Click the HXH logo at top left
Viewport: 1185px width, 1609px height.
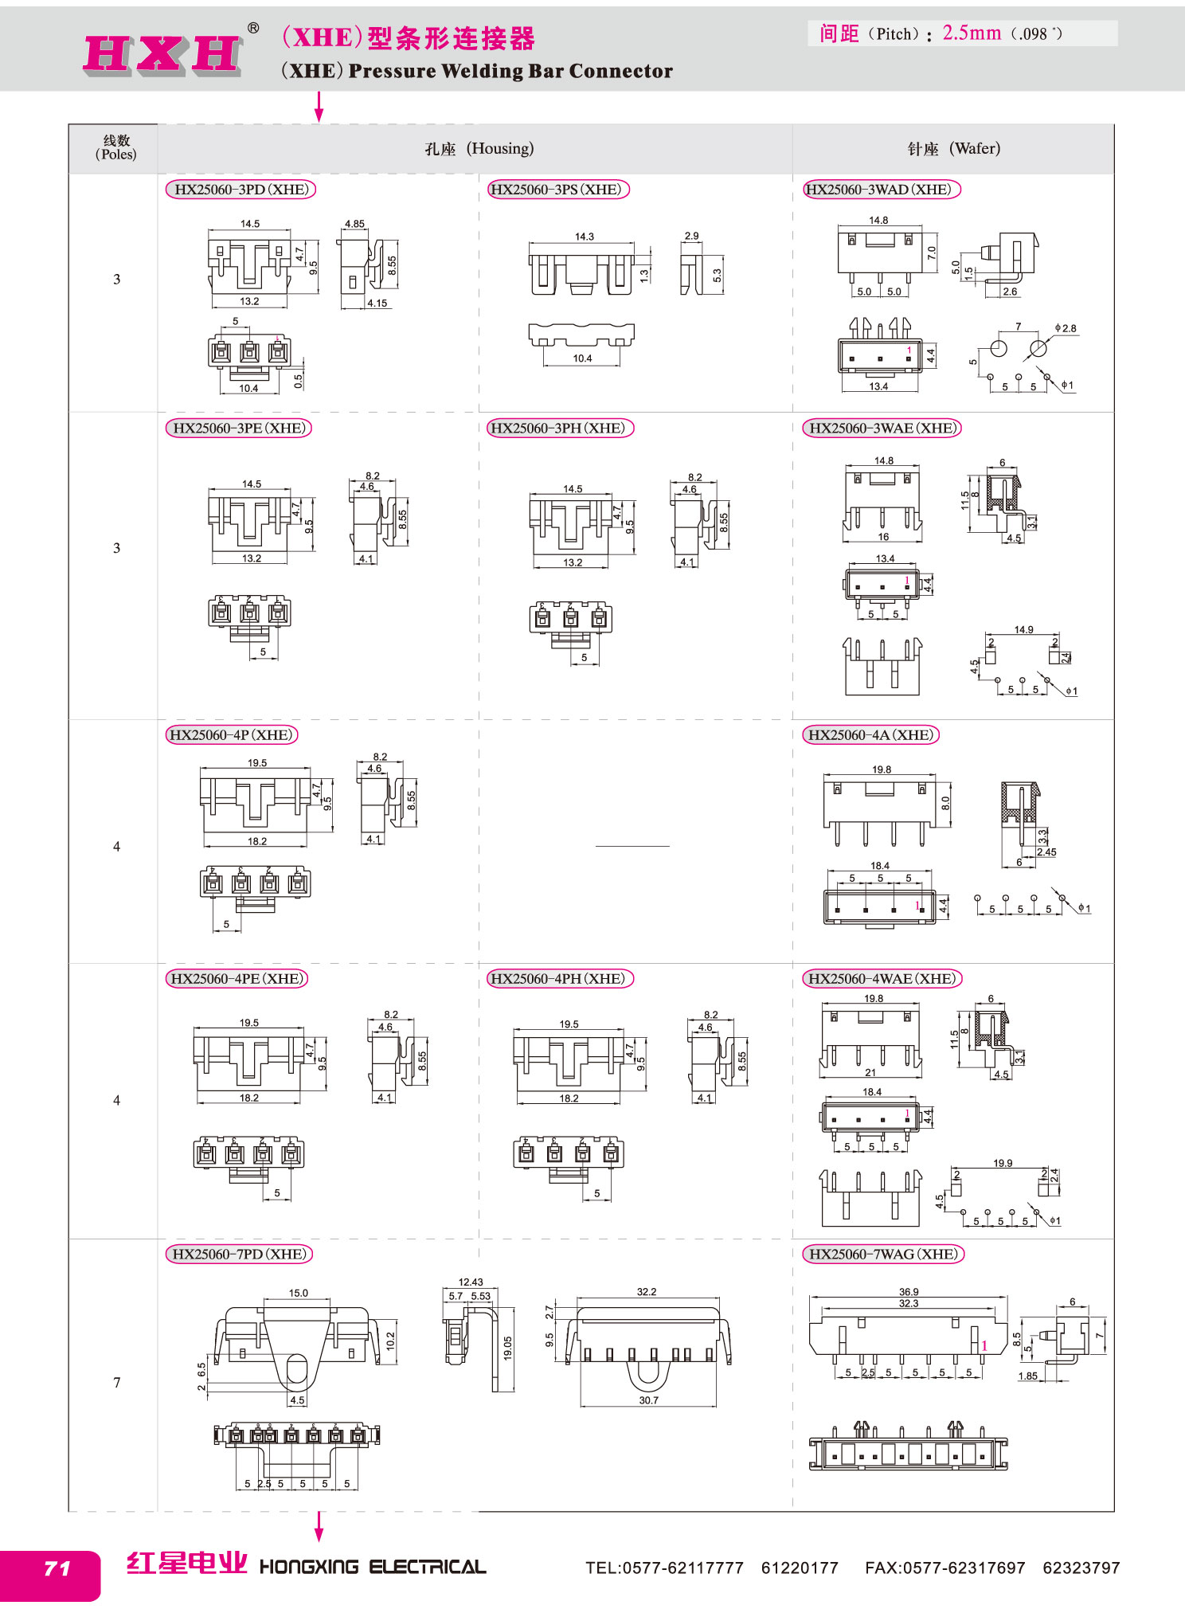162,54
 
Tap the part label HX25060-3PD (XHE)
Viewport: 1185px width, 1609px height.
241,190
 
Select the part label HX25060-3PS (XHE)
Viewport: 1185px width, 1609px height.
557,190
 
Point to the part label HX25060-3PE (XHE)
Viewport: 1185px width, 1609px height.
238,428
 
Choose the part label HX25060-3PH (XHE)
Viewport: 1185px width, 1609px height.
559,428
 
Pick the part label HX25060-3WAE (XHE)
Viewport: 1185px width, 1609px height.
882,428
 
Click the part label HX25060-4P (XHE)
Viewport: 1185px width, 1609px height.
231,734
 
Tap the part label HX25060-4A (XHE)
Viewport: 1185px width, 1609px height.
870,734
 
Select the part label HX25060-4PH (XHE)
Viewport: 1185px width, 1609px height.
559,978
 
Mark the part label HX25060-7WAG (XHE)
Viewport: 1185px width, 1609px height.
883,1254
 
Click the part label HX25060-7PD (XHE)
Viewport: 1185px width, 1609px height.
239,1254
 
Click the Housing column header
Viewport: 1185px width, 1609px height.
479,148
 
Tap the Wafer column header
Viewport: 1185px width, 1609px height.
953,148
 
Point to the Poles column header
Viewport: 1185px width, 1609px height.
116,147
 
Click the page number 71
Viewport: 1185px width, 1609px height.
57,1568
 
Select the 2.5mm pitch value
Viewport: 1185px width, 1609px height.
972,33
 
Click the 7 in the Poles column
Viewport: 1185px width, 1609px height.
117,1382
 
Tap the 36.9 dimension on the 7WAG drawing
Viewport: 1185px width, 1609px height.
909,1292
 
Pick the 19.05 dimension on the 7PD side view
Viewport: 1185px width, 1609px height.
507,1349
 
